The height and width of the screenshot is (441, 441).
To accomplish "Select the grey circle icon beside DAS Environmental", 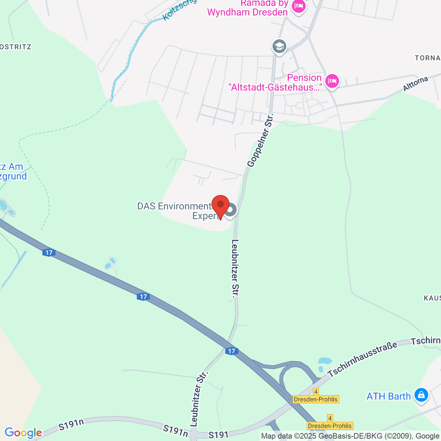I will (231, 210).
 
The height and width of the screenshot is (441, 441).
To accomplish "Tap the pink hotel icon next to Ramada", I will (298, 6).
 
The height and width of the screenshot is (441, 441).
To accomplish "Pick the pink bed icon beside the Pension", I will (332, 81).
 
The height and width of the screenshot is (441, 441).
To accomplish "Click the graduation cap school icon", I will (279, 47).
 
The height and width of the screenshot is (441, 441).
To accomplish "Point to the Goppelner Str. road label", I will (260, 141).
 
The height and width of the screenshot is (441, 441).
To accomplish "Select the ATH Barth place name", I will (388, 396).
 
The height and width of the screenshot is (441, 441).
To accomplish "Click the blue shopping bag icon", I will (421, 395).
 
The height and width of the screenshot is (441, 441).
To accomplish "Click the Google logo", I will (23, 433).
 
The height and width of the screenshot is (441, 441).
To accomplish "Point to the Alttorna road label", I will (416, 84).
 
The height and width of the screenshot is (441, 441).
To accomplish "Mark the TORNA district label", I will (427, 58).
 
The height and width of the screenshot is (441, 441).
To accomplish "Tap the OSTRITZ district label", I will (16, 47).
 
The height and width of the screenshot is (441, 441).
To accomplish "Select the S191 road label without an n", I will (218, 435).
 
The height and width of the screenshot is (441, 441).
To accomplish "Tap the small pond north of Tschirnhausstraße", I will (325, 361).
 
